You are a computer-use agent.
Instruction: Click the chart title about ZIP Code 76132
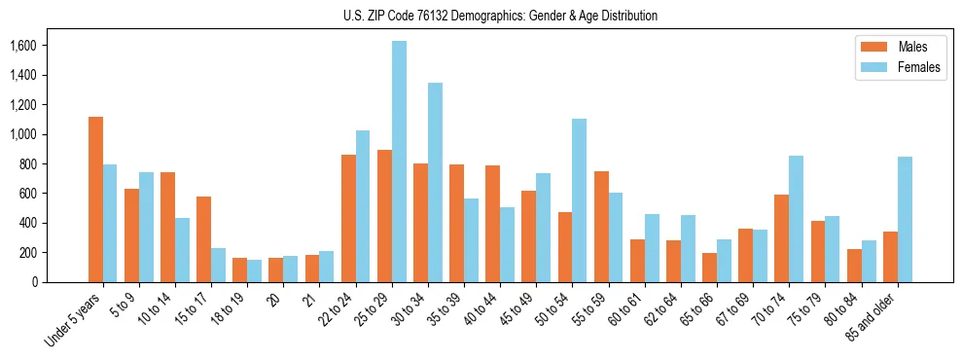500,16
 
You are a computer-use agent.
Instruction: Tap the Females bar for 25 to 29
399,162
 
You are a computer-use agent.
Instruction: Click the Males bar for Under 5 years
95,199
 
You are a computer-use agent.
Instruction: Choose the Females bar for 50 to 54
579,200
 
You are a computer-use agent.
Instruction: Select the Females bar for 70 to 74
796,219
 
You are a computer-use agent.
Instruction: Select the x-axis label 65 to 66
702,311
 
